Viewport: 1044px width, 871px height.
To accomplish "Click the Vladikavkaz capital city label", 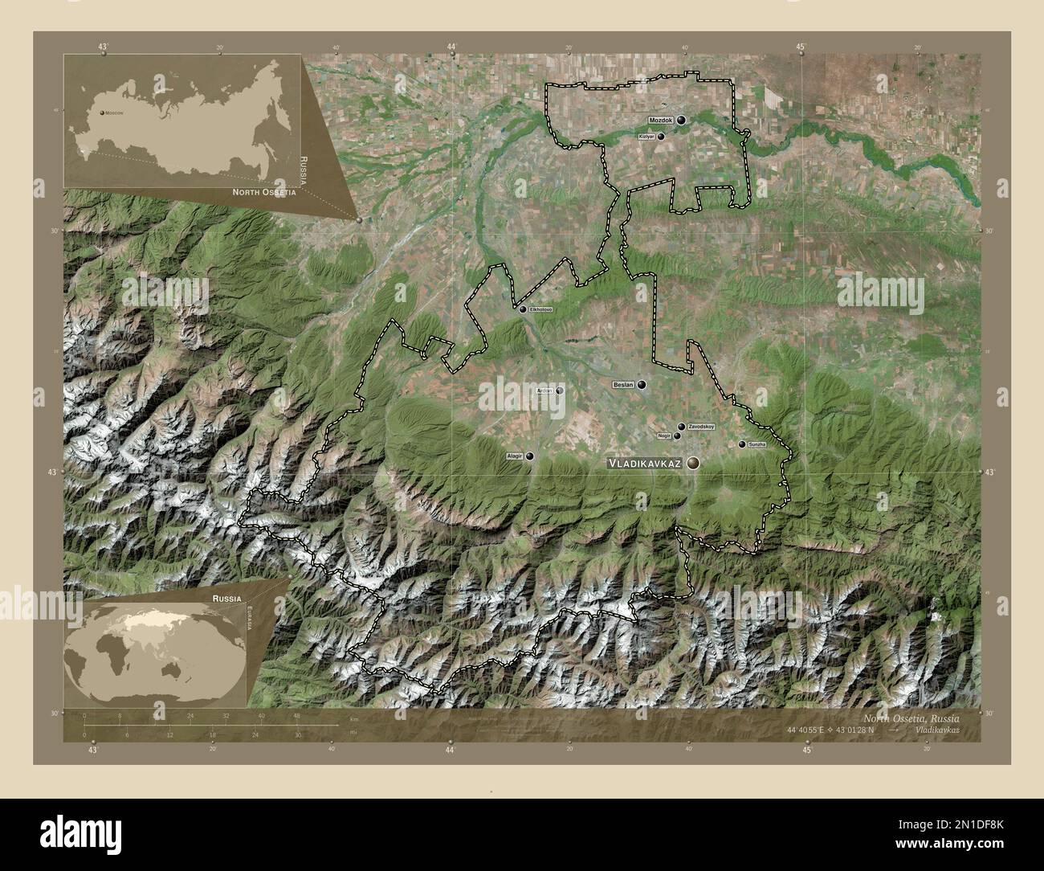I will coord(644,464).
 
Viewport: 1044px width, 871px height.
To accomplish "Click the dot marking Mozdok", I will coord(681,120).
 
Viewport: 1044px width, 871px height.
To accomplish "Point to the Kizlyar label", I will coord(646,137).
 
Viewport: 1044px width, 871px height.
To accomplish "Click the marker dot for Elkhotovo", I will coord(523,309).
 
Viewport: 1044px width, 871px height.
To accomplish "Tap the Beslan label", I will coord(623,385).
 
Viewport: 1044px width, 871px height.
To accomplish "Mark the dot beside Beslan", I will coord(642,385).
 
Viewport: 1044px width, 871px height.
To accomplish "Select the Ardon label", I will coord(544,391).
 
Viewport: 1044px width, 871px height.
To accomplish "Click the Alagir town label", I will coord(515,456).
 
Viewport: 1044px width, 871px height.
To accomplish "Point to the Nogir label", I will coord(663,435).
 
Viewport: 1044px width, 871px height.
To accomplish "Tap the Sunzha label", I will coord(757,444).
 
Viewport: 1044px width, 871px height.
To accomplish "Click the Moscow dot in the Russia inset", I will coord(102,113).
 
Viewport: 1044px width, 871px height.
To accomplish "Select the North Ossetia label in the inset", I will coord(264,193).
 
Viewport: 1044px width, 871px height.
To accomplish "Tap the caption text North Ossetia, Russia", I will coord(911,718).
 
